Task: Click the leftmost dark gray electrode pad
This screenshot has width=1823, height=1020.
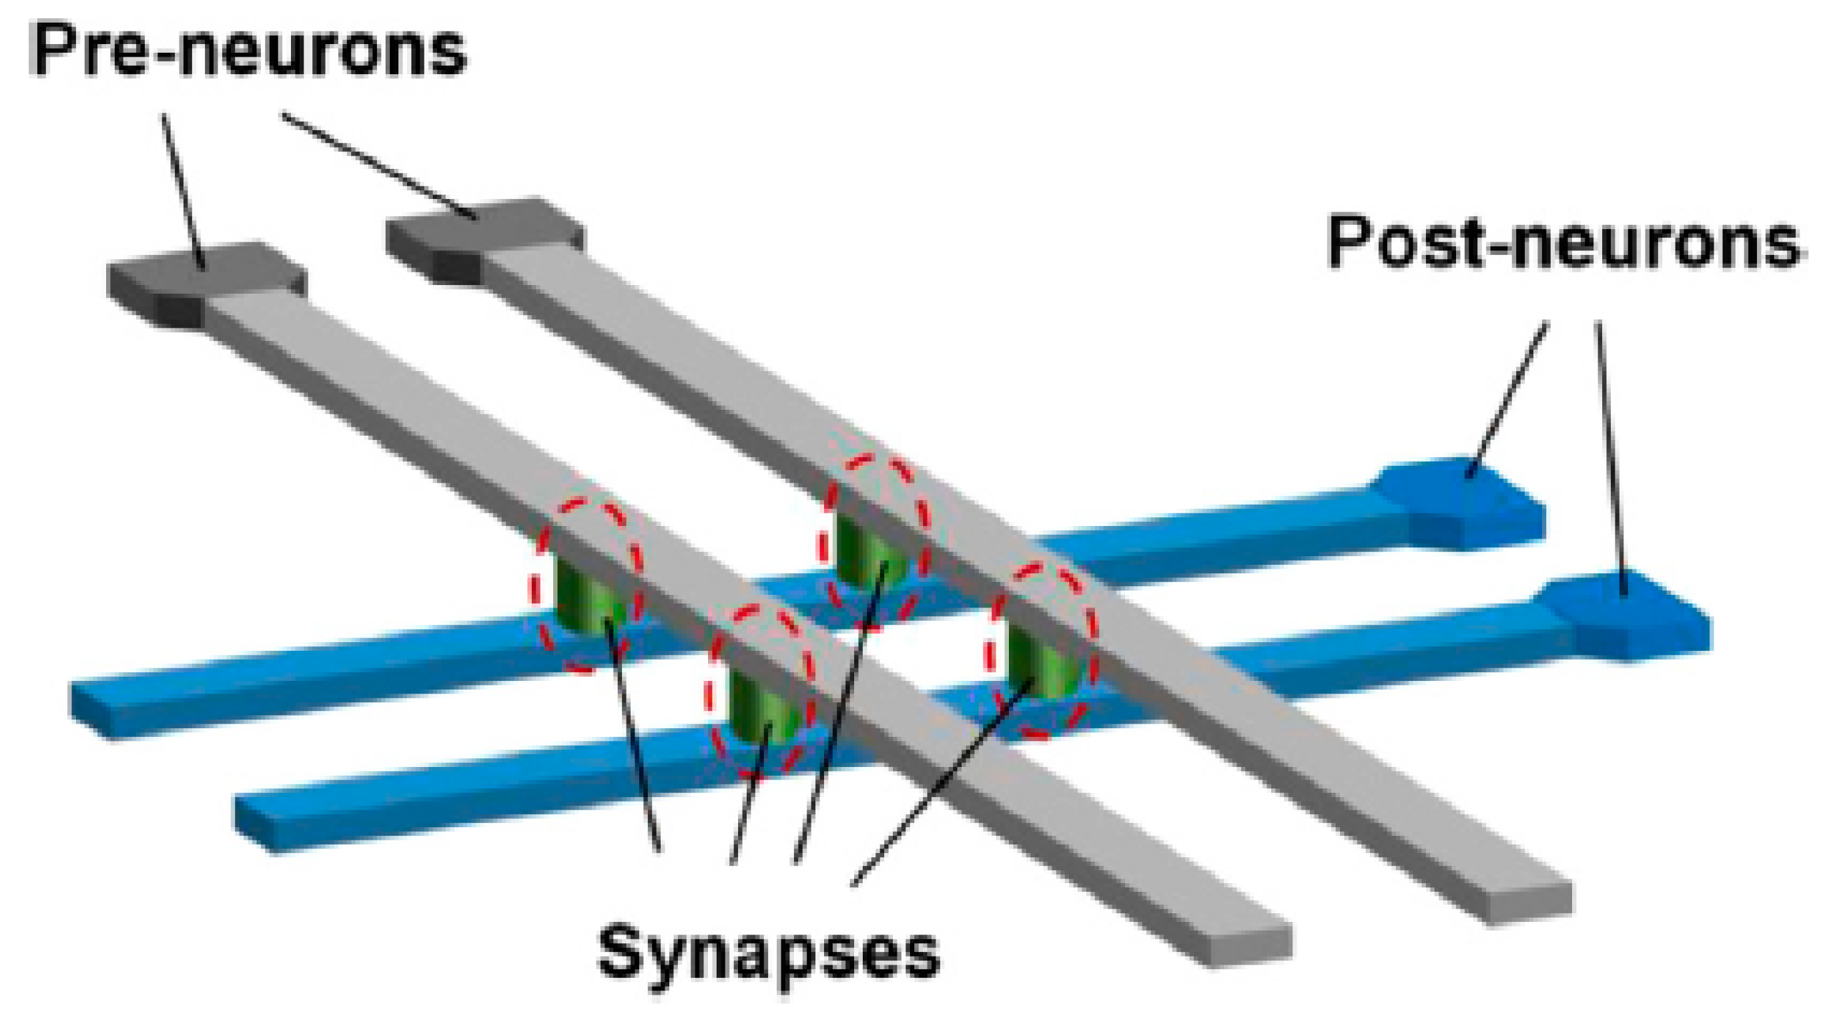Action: coord(206,283)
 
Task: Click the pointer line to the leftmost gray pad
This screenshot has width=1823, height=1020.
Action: coord(183,191)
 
